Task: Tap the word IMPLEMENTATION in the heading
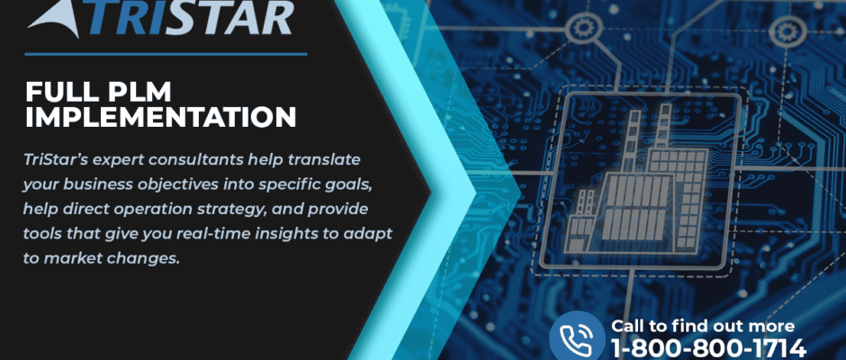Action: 161,117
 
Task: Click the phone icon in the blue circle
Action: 576,337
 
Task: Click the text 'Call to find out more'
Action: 703,326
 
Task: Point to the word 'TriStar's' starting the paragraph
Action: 48,160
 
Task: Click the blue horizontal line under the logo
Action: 166,54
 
